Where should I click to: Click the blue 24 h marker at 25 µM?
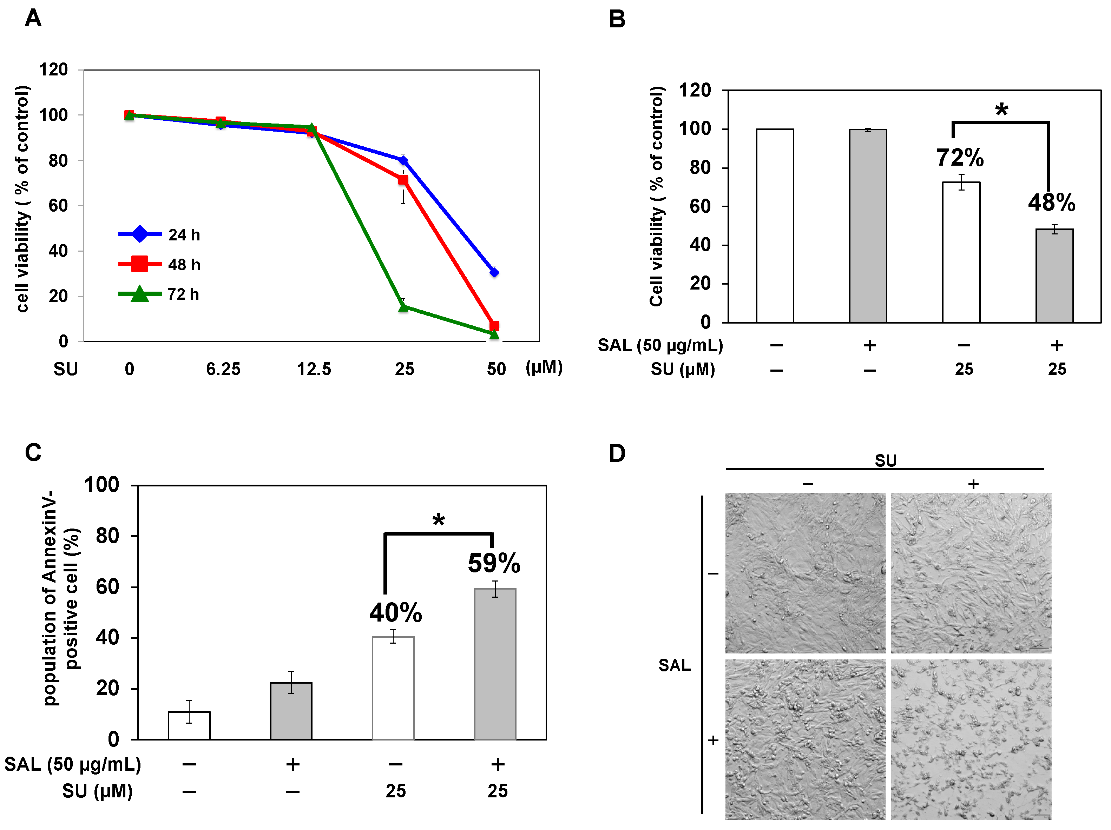[403, 160]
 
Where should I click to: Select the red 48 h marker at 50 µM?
[494, 326]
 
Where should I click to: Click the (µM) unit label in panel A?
[544, 367]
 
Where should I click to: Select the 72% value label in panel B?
[960, 158]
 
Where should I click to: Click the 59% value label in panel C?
[494, 563]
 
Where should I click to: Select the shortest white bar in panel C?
[189, 725]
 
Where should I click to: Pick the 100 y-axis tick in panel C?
[101, 485]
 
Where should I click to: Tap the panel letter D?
[617, 453]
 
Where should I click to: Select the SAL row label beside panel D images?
[674, 665]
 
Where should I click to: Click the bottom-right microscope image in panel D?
[971, 739]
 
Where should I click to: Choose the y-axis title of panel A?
[22, 199]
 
